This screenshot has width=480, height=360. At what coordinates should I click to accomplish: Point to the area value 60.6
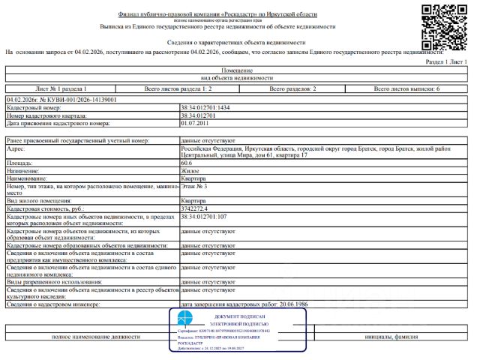[x=187, y=163]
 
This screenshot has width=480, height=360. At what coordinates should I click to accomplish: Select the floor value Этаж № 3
[x=194, y=185]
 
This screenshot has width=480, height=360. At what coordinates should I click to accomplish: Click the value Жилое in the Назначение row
[x=190, y=170]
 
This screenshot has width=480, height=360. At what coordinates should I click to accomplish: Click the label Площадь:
[x=19, y=163]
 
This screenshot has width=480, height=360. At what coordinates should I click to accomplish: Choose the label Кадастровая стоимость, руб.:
[x=48, y=208]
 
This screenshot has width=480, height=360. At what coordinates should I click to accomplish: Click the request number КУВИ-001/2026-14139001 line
[x=61, y=99]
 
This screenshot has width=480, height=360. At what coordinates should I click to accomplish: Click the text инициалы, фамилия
[x=391, y=337]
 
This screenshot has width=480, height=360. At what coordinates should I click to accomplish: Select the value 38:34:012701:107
[x=204, y=216]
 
